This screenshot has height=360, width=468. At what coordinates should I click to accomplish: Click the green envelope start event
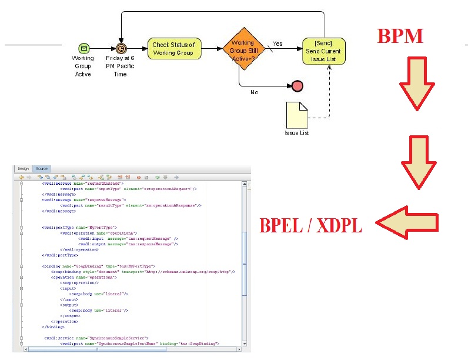coord(83,48)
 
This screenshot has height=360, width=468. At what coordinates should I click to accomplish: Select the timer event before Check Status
coord(121,48)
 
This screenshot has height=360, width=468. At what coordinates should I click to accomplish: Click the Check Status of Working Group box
coord(174,48)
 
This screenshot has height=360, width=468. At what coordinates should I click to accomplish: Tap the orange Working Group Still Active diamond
coord(242,48)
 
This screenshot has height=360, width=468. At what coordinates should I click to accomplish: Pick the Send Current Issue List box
coord(323,52)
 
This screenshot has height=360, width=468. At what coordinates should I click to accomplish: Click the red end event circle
coord(297,86)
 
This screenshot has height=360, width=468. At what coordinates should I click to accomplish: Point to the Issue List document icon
coord(296,114)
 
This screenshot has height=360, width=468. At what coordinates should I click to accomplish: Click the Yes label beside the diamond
coord(278,44)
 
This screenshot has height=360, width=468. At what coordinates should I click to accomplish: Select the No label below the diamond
coord(254,92)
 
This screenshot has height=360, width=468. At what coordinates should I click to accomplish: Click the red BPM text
coord(400,36)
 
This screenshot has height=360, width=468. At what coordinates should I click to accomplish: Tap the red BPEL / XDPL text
coord(312,225)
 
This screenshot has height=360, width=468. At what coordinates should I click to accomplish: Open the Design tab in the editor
coord(23,169)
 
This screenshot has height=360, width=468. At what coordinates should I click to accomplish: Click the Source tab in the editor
coord(41,169)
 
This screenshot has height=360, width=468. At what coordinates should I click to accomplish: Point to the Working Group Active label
coord(83,66)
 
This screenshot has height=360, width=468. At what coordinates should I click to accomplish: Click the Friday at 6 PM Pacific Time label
coord(121,66)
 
